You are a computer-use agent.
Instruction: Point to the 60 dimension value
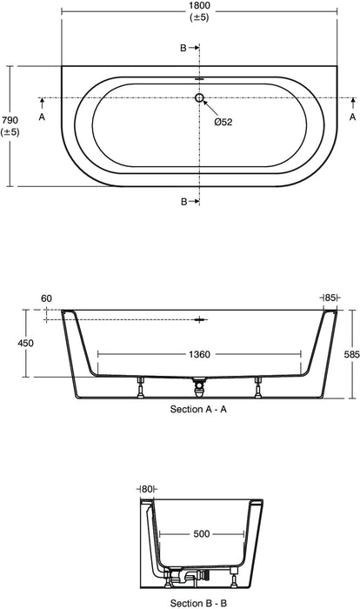47,298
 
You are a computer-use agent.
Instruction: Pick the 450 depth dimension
25,344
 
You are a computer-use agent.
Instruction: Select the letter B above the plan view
183,49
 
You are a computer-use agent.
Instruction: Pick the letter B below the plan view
183,201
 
